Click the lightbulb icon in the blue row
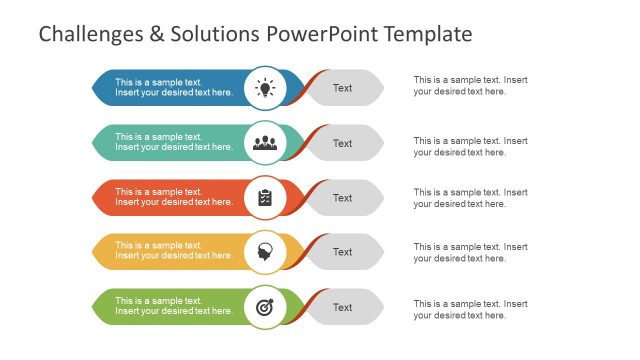(265, 88)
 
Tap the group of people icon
(265, 143)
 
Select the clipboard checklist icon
(265, 197)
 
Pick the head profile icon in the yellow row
(265, 251)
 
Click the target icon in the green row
(265, 306)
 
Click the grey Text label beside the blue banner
(343, 88)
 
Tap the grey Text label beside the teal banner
(343, 143)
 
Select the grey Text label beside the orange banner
(343, 198)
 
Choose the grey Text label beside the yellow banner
(343, 252)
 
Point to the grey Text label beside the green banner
(343, 307)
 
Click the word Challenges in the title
(86, 35)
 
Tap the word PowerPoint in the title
(323, 35)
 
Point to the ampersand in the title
(151, 35)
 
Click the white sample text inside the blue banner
(174, 87)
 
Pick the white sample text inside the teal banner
(174, 142)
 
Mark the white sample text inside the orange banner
(174, 197)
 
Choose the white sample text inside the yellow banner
(174, 251)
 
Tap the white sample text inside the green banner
(174, 306)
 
